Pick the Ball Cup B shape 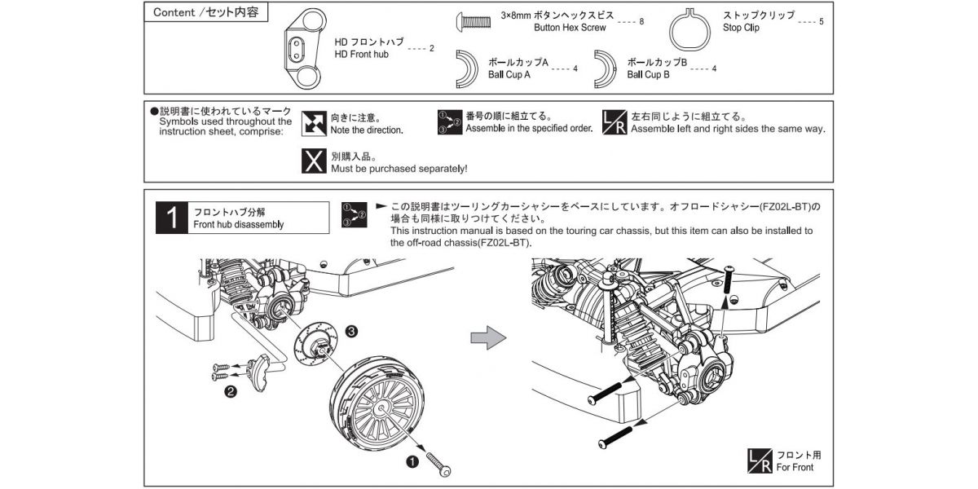tap(606, 69)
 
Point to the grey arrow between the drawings tap(489, 339)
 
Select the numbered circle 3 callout tap(351, 331)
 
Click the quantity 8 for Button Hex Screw tap(642, 21)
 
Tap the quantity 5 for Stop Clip tap(821, 21)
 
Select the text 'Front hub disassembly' tap(239, 225)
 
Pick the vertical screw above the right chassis tap(727, 284)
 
